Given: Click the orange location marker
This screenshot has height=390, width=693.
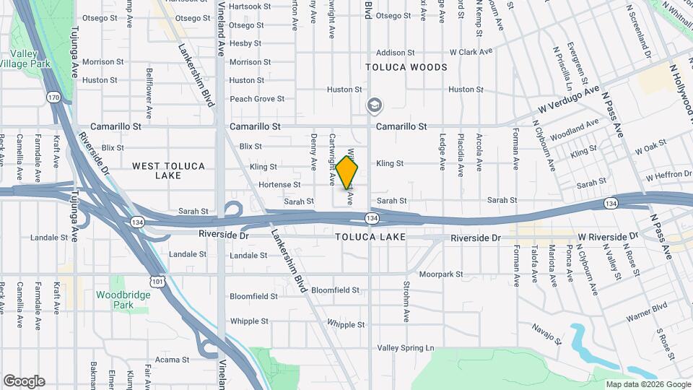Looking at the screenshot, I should [x=347, y=172].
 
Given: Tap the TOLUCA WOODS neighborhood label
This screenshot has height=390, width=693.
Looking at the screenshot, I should [x=406, y=67].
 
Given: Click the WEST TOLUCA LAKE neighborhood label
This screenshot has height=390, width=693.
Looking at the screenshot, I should [x=169, y=171].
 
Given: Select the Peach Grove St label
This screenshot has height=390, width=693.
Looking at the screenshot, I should [x=257, y=99].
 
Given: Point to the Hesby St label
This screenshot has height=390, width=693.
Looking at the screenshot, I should [x=245, y=43].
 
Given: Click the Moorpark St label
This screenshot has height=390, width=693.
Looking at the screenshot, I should [x=443, y=274].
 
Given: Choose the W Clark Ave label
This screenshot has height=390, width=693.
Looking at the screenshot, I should [x=471, y=52].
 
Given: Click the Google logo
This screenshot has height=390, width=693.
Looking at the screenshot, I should [x=24, y=381].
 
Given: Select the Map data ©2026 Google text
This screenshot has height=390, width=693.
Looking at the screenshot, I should [x=648, y=385].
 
